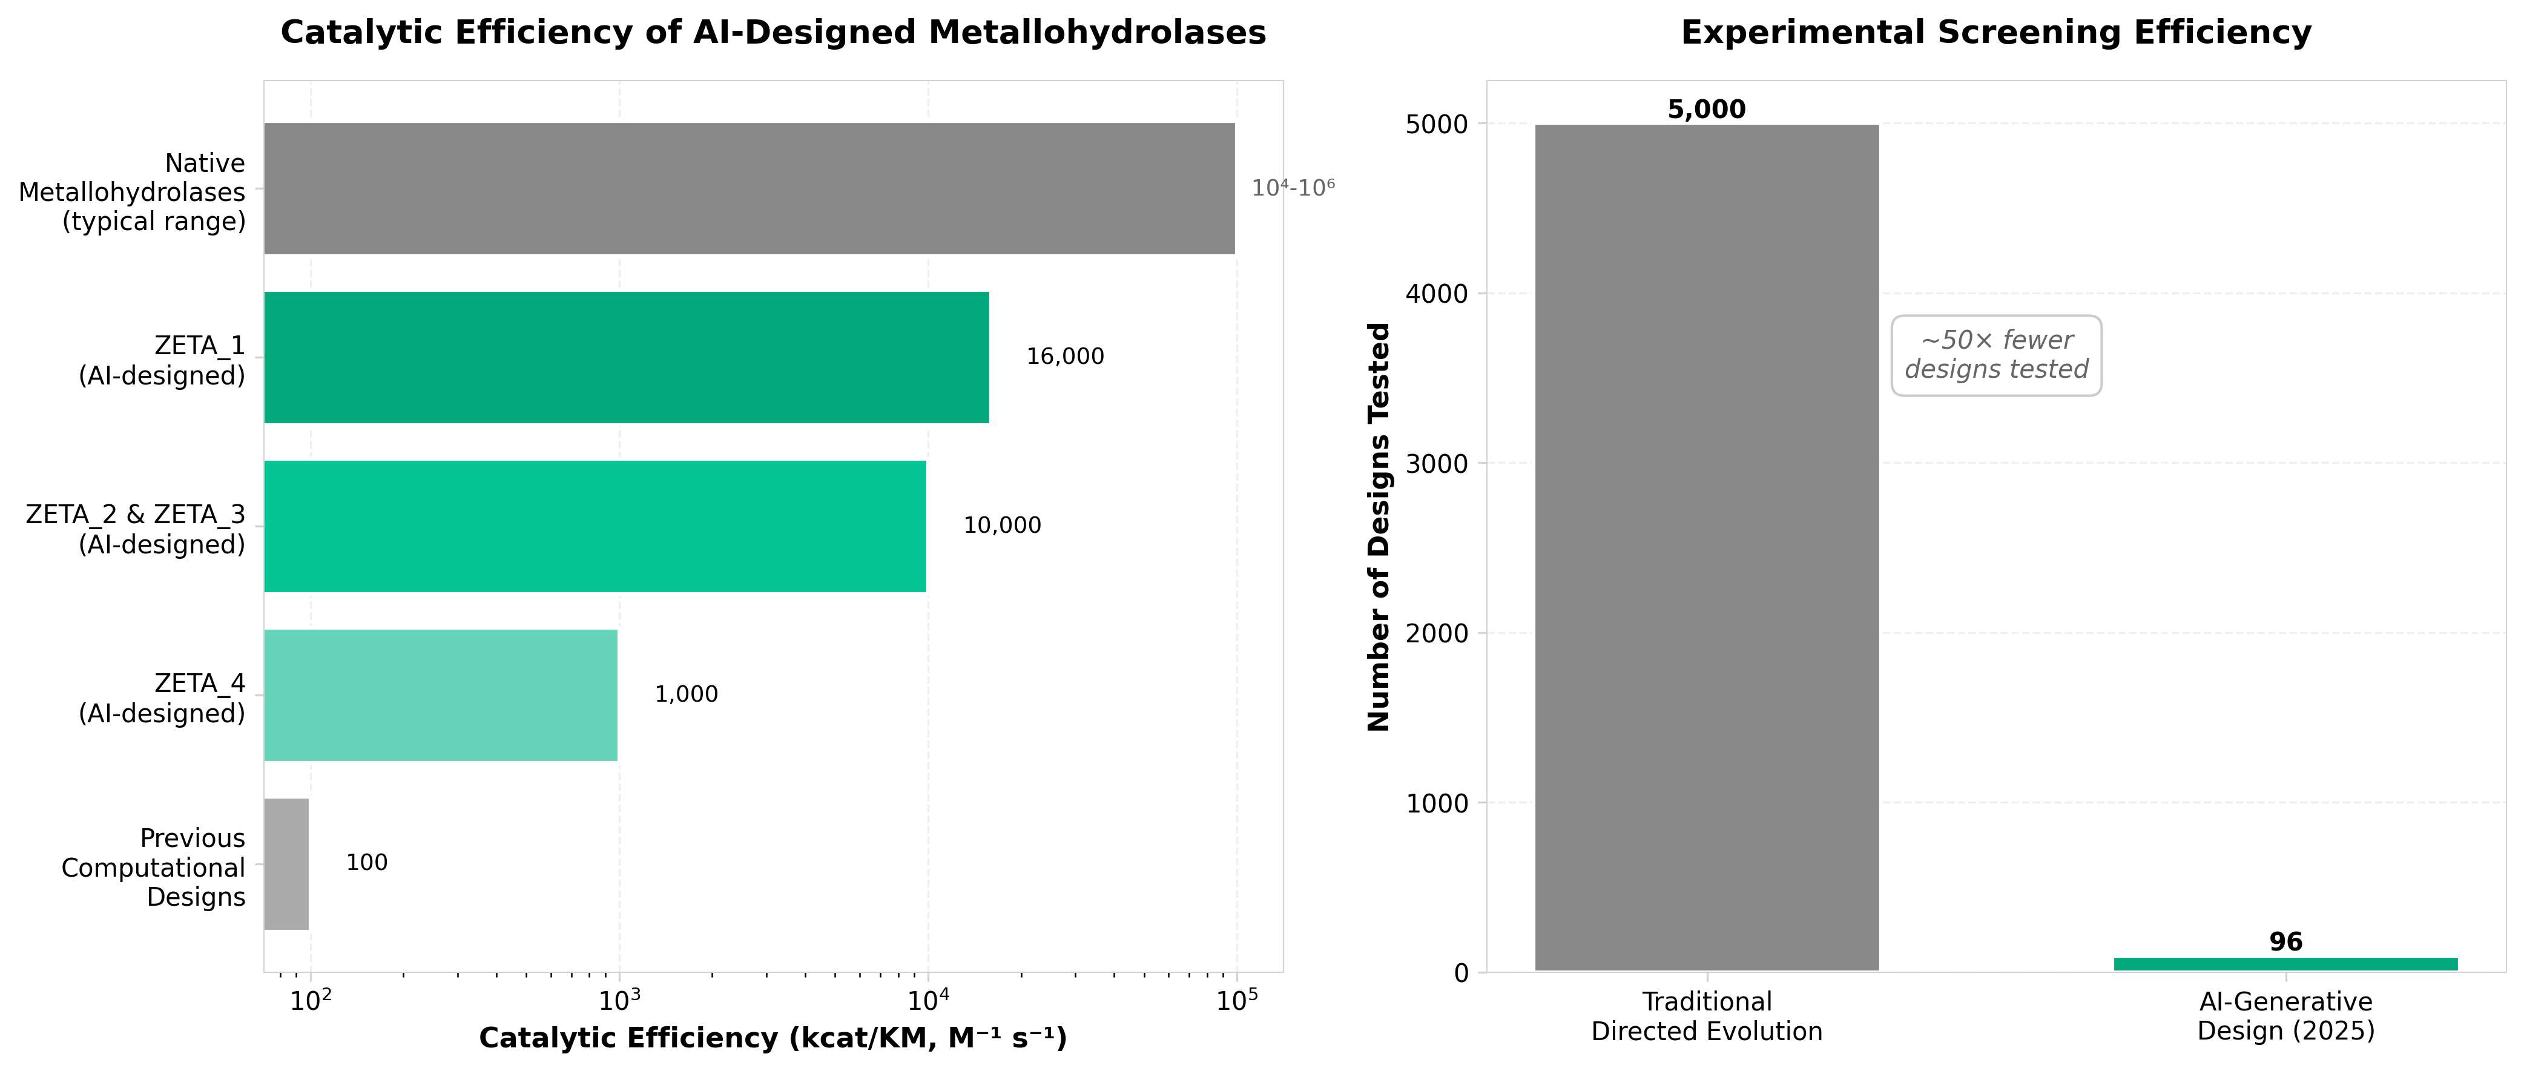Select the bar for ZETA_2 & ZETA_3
click(x=594, y=526)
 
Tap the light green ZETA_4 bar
click(x=440, y=695)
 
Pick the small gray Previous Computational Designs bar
click(x=286, y=863)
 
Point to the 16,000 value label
click(x=1064, y=357)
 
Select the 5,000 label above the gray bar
click(x=1706, y=110)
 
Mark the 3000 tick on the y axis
click(x=1437, y=464)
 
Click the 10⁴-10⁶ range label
click(x=1293, y=188)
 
